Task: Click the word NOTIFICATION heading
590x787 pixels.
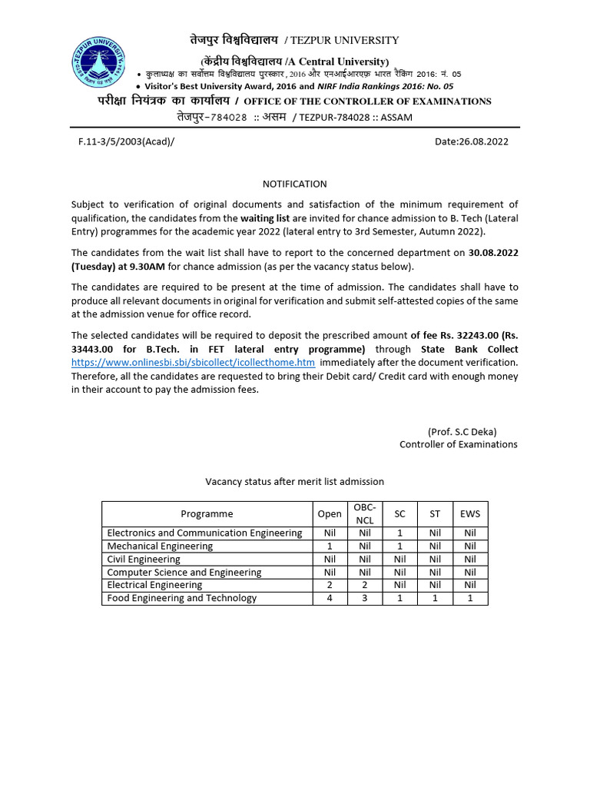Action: pos(294,184)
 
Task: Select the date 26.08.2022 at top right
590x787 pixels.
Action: pos(471,141)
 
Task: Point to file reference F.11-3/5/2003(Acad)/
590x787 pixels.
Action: pos(121,141)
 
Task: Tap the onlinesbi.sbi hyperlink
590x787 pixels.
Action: pos(194,362)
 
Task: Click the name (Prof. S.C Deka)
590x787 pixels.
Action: pos(472,431)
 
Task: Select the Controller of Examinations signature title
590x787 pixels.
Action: pos(458,444)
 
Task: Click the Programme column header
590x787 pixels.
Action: pos(207,513)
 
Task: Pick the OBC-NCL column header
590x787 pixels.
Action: pos(364,513)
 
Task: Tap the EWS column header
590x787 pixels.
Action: pos(469,513)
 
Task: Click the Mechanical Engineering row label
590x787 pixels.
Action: pos(160,546)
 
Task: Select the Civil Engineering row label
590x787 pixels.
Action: pos(144,560)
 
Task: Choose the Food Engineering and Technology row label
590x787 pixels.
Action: pos(181,598)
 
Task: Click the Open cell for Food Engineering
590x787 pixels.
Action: pos(329,598)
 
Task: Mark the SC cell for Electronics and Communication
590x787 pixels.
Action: pos(399,533)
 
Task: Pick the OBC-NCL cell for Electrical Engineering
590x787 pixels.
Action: pos(364,585)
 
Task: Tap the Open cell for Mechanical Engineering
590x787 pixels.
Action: pos(329,546)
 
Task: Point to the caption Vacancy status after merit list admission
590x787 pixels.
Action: pos(294,482)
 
